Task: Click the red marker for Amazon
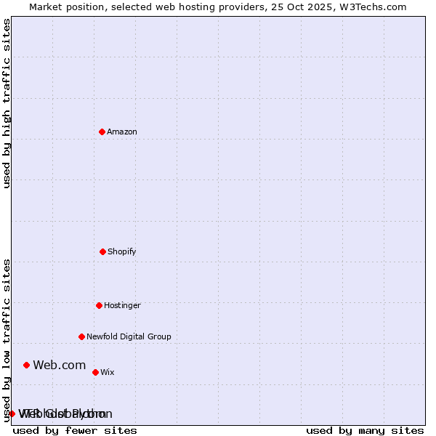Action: click(102, 132)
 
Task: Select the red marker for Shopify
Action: click(102, 251)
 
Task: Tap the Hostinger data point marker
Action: click(99, 305)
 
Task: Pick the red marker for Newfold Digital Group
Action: click(81, 336)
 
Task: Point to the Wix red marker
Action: click(95, 372)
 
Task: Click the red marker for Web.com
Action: click(26, 365)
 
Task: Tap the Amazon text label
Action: click(122, 132)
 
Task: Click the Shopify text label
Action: click(122, 251)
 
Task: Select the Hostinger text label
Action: click(122, 305)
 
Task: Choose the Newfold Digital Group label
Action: click(129, 336)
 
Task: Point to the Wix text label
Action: click(108, 372)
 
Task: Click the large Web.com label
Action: click(60, 365)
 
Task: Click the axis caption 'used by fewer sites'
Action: click(75, 430)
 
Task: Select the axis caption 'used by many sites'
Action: click(365, 430)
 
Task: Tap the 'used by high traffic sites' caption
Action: click(7, 103)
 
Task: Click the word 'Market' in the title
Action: click(46, 7)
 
